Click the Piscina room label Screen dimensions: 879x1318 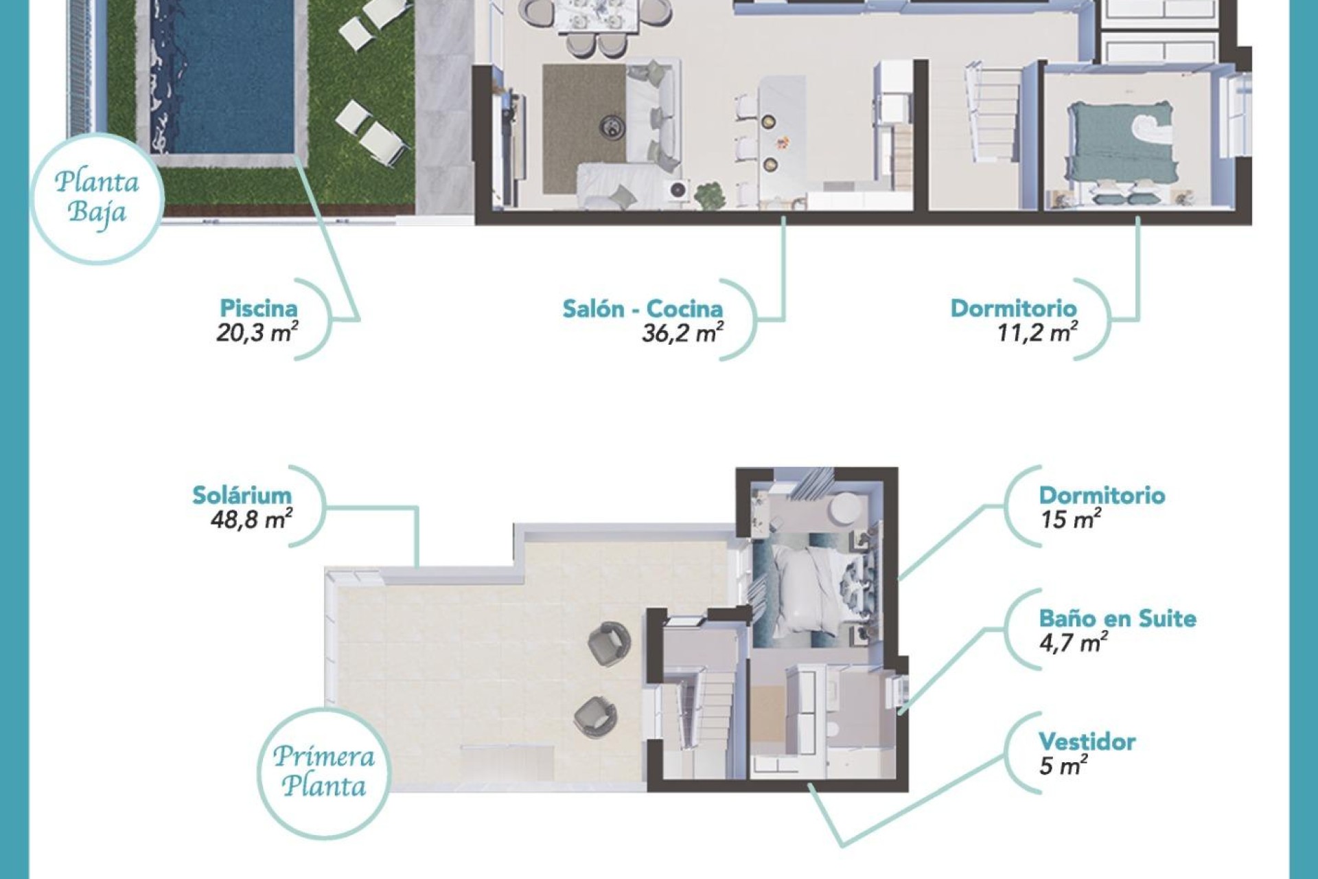click(x=259, y=308)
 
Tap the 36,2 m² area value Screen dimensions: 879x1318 click(x=682, y=334)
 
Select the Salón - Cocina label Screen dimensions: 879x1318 click(x=643, y=308)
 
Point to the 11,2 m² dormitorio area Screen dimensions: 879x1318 click(x=1037, y=333)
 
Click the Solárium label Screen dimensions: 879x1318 click(x=242, y=495)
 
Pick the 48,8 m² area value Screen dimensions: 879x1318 click(x=251, y=520)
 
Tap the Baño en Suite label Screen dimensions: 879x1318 click(x=1117, y=618)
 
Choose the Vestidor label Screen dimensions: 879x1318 click(x=1087, y=742)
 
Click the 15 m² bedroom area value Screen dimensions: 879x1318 click(x=1070, y=520)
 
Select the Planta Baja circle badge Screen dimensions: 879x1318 click(x=97, y=198)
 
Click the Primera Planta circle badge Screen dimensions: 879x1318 click(x=323, y=772)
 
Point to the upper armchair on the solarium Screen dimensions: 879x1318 click(x=609, y=643)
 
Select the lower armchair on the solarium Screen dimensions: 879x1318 click(x=594, y=716)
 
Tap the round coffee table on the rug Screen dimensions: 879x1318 click(x=612, y=126)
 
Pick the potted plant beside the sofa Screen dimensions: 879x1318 click(x=710, y=194)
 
